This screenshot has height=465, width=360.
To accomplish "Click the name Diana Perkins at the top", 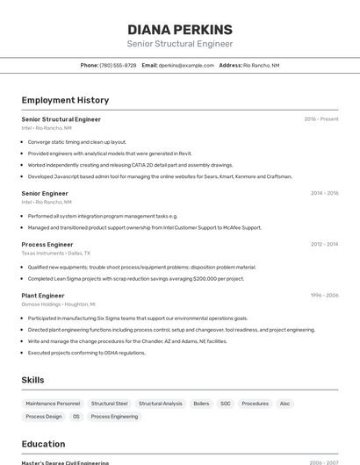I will pyautogui.click(x=180, y=29).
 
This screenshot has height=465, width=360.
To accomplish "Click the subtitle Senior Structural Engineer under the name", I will pyautogui.click(x=180, y=44).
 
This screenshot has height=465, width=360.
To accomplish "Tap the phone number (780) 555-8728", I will pyautogui.click(x=118, y=65).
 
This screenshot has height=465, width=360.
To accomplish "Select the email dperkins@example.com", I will pyautogui.click(x=186, y=65).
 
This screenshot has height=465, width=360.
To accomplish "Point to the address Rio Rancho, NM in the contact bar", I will pyautogui.click(x=261, y=65).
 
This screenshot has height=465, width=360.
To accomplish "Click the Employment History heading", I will pyautogui.click(x=65, y=100).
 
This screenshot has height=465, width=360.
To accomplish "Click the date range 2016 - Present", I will pyautogui.click(x=320, y=119).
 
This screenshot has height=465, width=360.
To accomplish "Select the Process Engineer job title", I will pyautogui.click(x=47, y=245).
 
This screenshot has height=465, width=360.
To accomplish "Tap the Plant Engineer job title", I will pyautogui.click(x=43, y=296).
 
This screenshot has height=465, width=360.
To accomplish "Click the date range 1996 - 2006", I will pyautogui.click(x=324, y=296).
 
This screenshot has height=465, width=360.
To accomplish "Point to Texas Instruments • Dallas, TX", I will pyautogui.click(x=56, y=253).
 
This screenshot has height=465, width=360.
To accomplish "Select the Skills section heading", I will pyautogui.click(x=33, y=380).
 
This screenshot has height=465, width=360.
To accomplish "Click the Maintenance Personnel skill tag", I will pyautogui.click(x=53, y=404).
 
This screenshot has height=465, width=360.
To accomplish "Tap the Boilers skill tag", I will pyautogui.click(x=201, y=404).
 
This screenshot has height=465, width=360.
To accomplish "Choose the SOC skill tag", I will pyautogui.click(x=226, y=404).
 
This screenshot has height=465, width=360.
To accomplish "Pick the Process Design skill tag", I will pyautogui.click(x=44, y=417).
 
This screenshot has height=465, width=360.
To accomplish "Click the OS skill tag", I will pyautogui.click(x=76, y=417).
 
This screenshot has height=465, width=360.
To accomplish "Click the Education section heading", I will pyautogui.click(x=43, y=444).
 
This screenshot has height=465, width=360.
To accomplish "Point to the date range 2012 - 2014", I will pyautogui.click(x=324, y=245).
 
